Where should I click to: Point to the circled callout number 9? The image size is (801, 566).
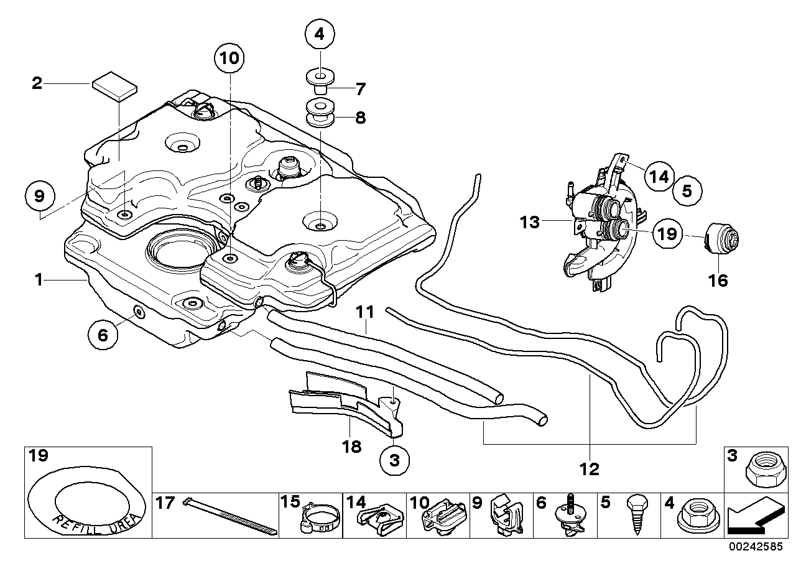39,197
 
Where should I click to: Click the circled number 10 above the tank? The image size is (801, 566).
229,59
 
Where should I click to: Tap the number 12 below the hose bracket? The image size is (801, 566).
589,468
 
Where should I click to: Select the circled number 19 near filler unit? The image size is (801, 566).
666,234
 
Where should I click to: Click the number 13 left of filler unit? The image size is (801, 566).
530,222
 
